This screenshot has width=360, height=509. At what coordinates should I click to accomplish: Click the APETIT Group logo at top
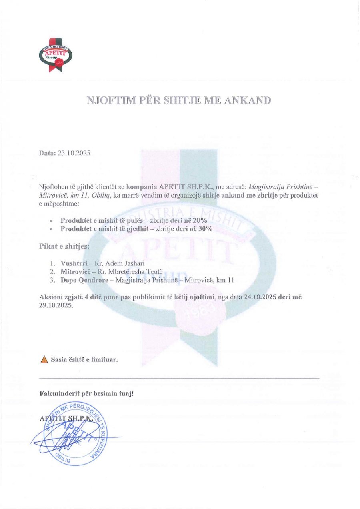[x=56, y=55]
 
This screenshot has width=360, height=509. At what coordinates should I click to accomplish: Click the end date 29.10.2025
[x=56, y=305]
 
